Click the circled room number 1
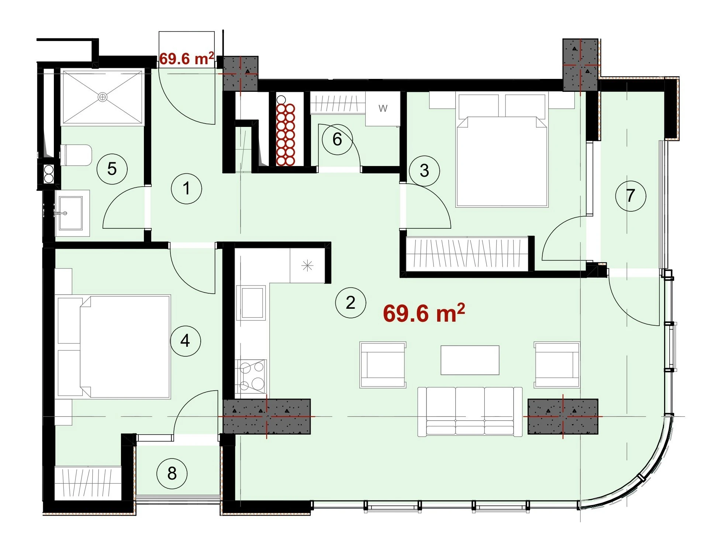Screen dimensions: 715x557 [x=187, y=189]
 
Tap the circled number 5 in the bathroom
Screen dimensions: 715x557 [x=112, y=169]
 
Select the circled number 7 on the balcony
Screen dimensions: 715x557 [x=631, y=196]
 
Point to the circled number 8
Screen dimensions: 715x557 [x=172, y=474]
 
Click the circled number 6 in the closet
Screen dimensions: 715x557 [x=337, y=139]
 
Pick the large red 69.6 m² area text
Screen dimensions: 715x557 [x=424, y=313]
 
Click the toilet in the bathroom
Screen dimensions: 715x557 [x=76, y=155]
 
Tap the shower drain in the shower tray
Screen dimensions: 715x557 [x=103, y=97]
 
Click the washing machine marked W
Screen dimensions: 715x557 [x=383, y=109]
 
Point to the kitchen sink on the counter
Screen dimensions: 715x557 [x=253, y=303]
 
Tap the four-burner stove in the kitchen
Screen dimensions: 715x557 [x=252, y=376]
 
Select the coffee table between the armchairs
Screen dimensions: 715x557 [x=470, y=360]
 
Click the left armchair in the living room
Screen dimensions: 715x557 [x=383, y=365]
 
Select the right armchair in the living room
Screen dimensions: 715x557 [x=557, y=365]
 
